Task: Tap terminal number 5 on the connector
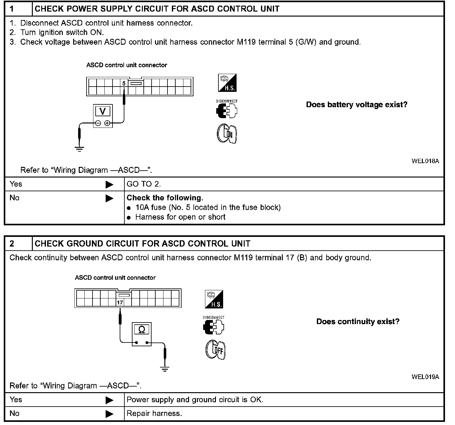pyautogui.click(x=124, y=83)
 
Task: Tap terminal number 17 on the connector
pyautogui.click(x=120, y=302)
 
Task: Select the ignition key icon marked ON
pyautogui.click(x=227, y=134)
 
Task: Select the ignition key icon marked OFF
pyautogui.click(x=216, y=350)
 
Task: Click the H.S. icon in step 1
pyautogui.click(x=227, y=83)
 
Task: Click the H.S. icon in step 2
pyautogui.click(x=214, y=299)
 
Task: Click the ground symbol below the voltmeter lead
pyautogui.click(x=80, y=149)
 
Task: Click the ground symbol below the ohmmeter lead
pyautogui.click(x=165, y=368)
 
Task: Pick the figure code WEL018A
pyautogui.click(x=425, y=161)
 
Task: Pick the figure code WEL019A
pyautogui.click(x=425, y=377)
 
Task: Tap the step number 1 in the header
pyautogui.click(x=12, y=9)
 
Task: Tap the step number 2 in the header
pyautogui.click(x=12, y=244)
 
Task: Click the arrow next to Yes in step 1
pyautogui.click(x=109, y=184)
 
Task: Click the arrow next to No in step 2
pyautogui.click(x=109, y=414)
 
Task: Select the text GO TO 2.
pyautogui.click(x=144, y=184)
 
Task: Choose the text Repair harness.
pyautogui.click(x=154, y=414)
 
